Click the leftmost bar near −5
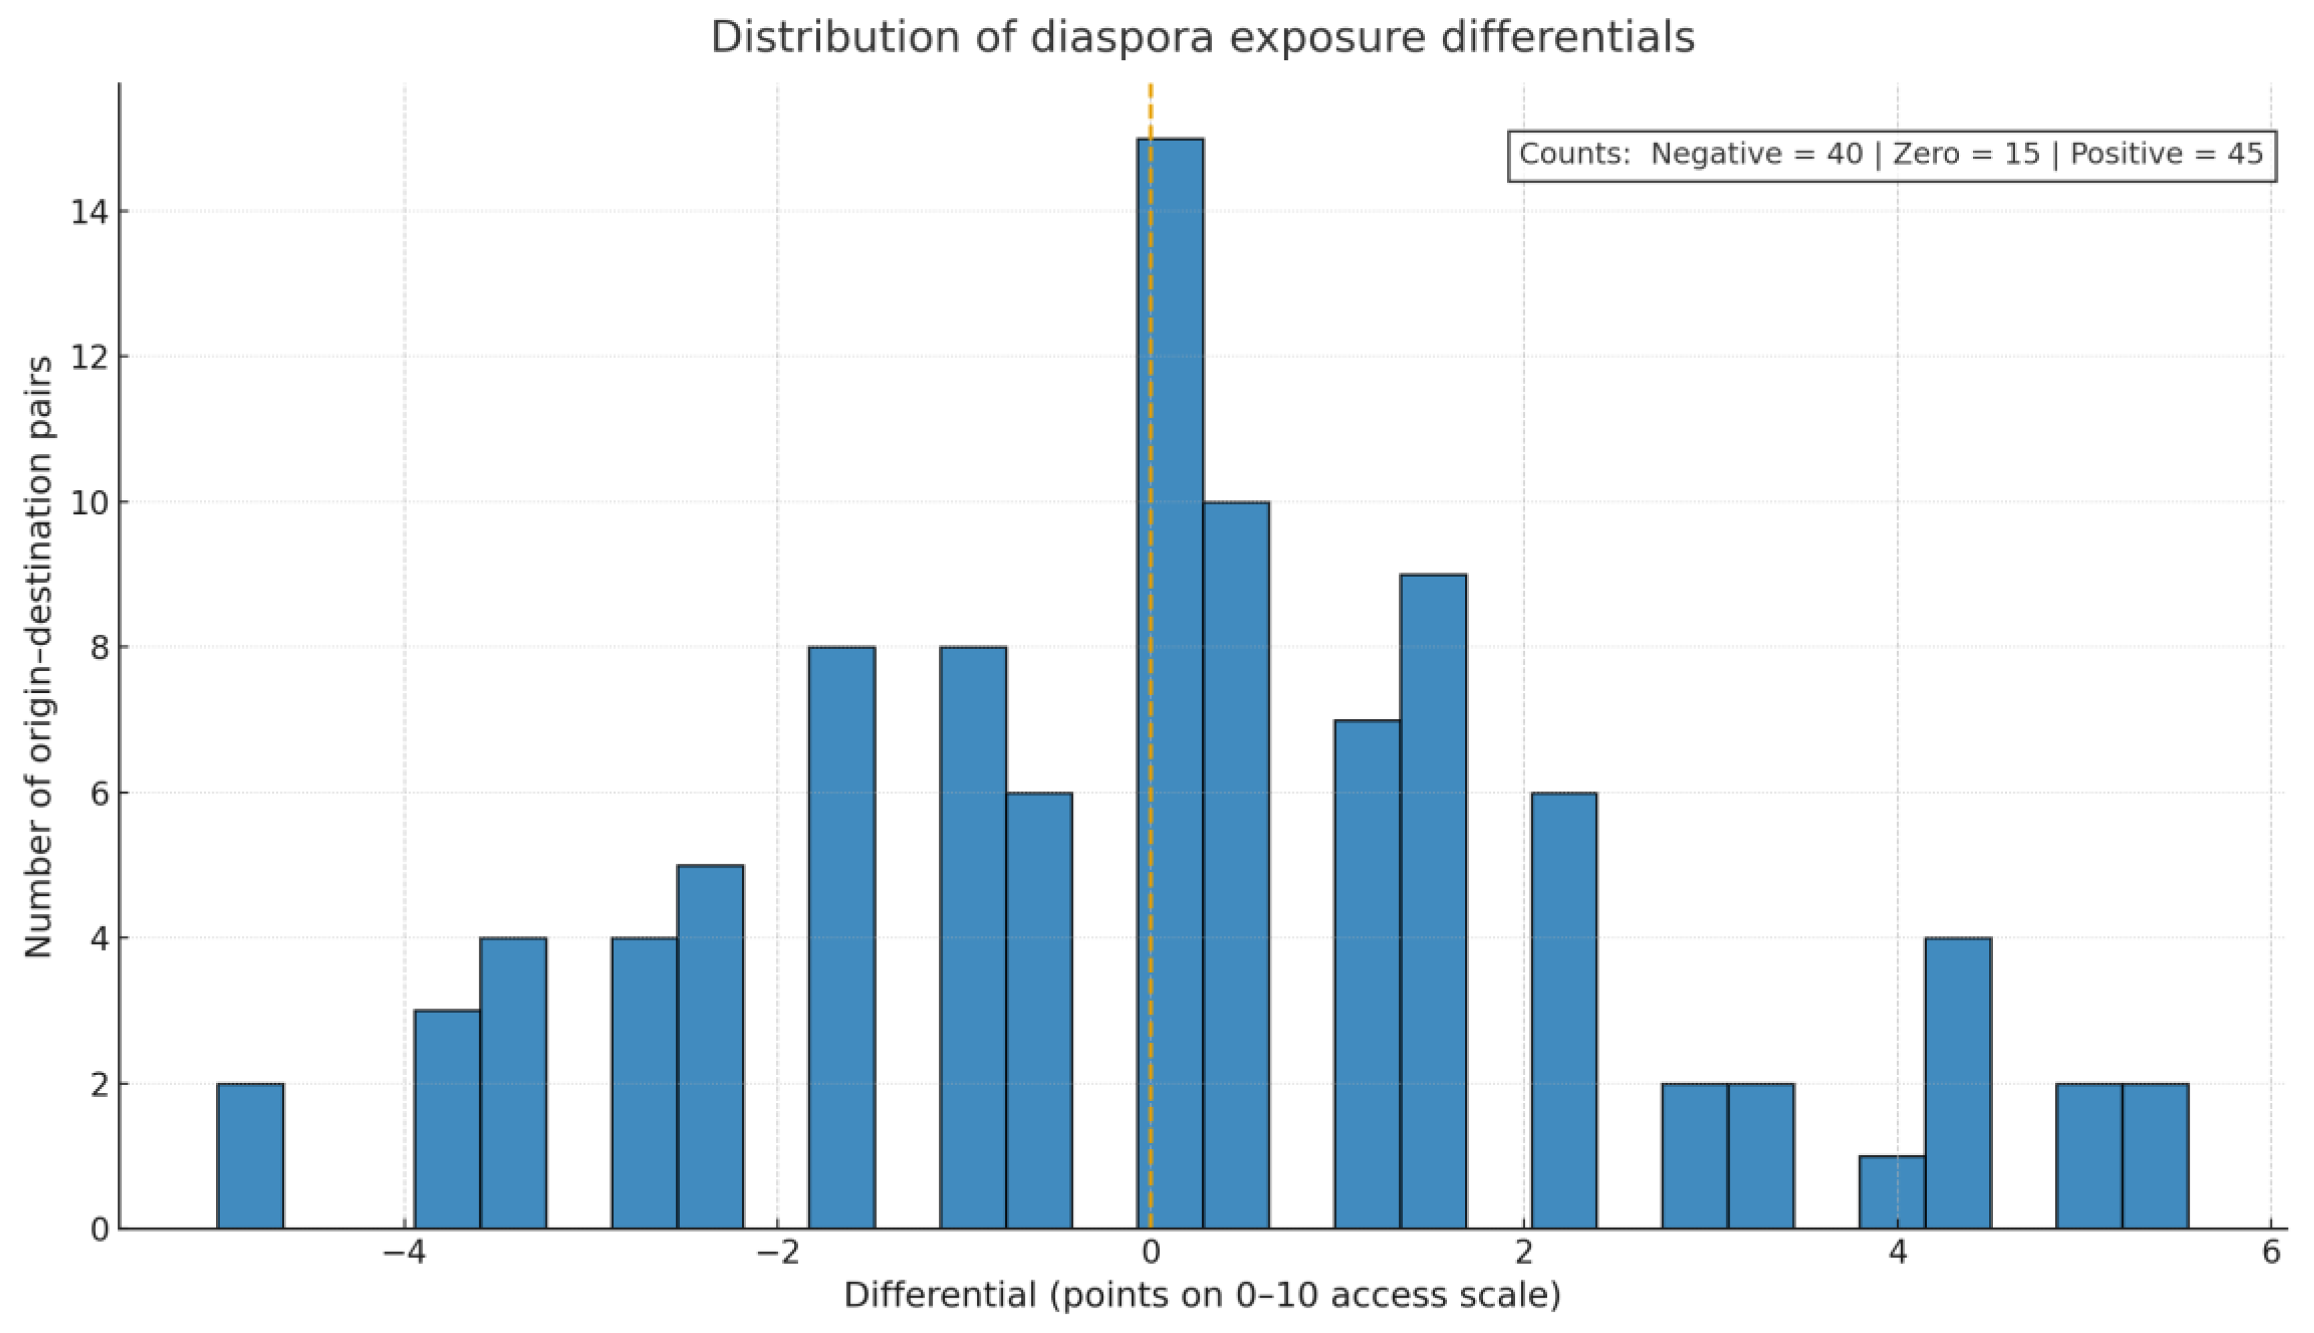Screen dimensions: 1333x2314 click(x=250, y=1155)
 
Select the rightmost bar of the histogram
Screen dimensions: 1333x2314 click(x=2155, y=1155)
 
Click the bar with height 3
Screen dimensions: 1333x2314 click(x=447, y=1119)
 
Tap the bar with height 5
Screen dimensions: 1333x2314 click(x=709, y=1046)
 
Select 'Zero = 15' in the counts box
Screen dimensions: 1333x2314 click(x=1966, y=154)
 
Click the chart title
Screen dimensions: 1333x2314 click(x=1202, y=37)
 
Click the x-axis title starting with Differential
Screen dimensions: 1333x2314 click(x=1202, y=1294)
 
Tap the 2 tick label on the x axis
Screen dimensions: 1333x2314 click(x=1523, y=1252)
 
